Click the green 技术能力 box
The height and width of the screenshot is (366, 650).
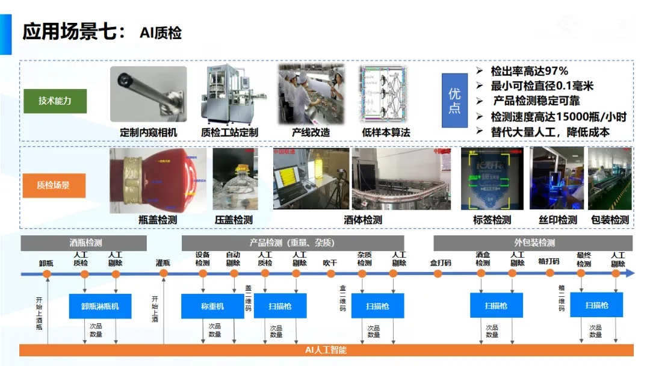[x=55, y=101]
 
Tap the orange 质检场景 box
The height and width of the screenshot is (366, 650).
[x=54, y=185]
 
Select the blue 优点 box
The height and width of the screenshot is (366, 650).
[x=454, y=101]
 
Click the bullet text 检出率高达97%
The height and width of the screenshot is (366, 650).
[x=529, y=71]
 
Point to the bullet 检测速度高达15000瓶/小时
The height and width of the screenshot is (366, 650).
[x=559, y=116]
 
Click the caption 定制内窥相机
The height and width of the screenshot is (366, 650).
[x=149, y=132]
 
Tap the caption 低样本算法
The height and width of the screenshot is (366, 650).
[x=386, y=132]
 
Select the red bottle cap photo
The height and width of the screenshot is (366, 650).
[x=158, y=181]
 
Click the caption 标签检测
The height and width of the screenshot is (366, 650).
[x=492, y=220]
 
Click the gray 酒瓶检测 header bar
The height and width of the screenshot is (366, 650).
[x=84, y=243]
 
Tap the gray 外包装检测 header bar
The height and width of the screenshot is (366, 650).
[x=534, y=243]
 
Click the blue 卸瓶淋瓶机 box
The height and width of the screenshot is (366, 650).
[x=101, y=306]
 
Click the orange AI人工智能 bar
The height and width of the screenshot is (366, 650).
[x=326, y=350]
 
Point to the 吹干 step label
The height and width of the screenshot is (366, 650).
[x=330, y=263]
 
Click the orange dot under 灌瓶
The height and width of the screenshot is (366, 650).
[x=163, y=273]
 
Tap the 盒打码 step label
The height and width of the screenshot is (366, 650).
[x=440, y=263]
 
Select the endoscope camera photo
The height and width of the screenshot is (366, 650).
[x=149, y=94]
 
